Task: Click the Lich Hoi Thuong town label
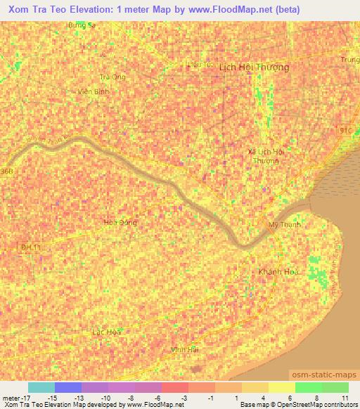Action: (254, 67)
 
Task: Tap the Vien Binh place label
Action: (92, 91)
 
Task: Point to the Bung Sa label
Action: (81, 25)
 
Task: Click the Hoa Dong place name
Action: (120, 222)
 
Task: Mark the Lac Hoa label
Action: (106, 331)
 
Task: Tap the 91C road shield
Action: (344, 131)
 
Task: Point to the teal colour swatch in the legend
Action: (41, 387)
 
